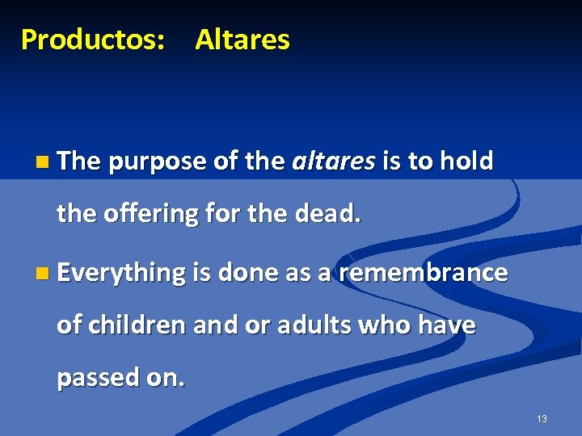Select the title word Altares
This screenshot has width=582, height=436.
[242, 39]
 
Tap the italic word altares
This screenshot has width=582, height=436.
[332, 161]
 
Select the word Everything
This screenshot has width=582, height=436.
[121, 273]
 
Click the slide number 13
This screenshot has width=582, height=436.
[541, 419]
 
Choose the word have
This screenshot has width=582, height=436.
[446, 325]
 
